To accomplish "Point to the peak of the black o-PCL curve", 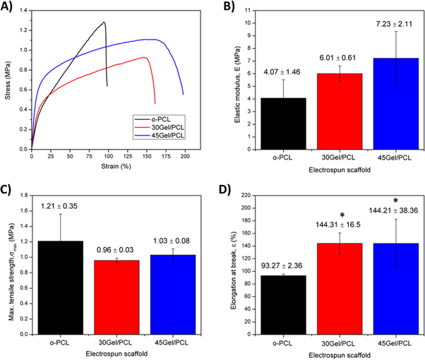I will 104,22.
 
